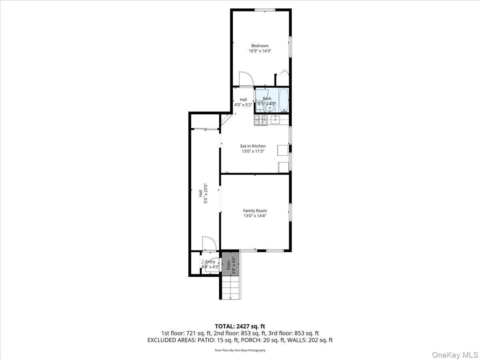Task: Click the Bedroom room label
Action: [260, 46]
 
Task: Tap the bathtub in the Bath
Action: [283, 100]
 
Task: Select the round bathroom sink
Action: [271, 107]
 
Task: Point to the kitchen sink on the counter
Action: [275, 119]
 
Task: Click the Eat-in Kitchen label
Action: [253, 146]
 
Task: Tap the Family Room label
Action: [255, 211]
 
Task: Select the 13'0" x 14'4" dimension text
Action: [255, 216]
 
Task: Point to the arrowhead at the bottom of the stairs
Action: [230, 298]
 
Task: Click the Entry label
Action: [210, 262]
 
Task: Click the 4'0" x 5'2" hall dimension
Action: [243, 105]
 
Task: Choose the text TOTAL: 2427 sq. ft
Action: [240, 326]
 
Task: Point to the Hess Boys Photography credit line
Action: [240, 350]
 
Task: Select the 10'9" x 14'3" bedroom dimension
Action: [260, 51]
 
